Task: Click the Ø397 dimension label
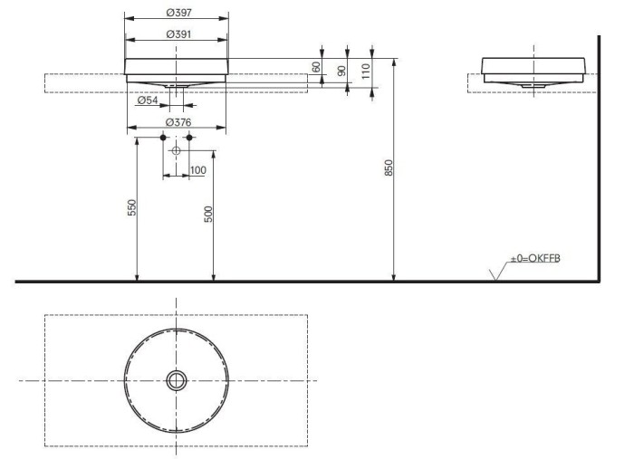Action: tap(178, 13)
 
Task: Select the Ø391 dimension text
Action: tap(178, 34)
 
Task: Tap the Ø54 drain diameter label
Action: tap(148, 100)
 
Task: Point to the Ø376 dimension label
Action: tap(178, 122)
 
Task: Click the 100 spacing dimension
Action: tap(197, 170)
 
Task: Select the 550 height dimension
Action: tap(132, 207)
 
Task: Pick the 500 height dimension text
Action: tap(208, 215)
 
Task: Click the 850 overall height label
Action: tap(389, 167)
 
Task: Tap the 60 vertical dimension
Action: tap(317, 67)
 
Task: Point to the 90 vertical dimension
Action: tap(342, 71)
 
